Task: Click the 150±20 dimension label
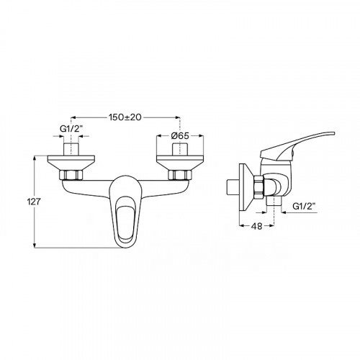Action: tap(125, 117)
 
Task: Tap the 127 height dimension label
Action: tap(34, 202)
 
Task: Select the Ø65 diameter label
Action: tap(180, 136)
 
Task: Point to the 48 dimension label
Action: tap(256, 226)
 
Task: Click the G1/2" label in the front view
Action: tap(71, 129)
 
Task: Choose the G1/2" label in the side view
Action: tap(304, 206)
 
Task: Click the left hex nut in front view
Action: tap(71, 175)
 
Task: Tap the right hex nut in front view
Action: tap(180, 175)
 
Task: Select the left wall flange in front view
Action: tap(71, 163)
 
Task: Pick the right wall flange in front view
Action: tap(180, 163)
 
